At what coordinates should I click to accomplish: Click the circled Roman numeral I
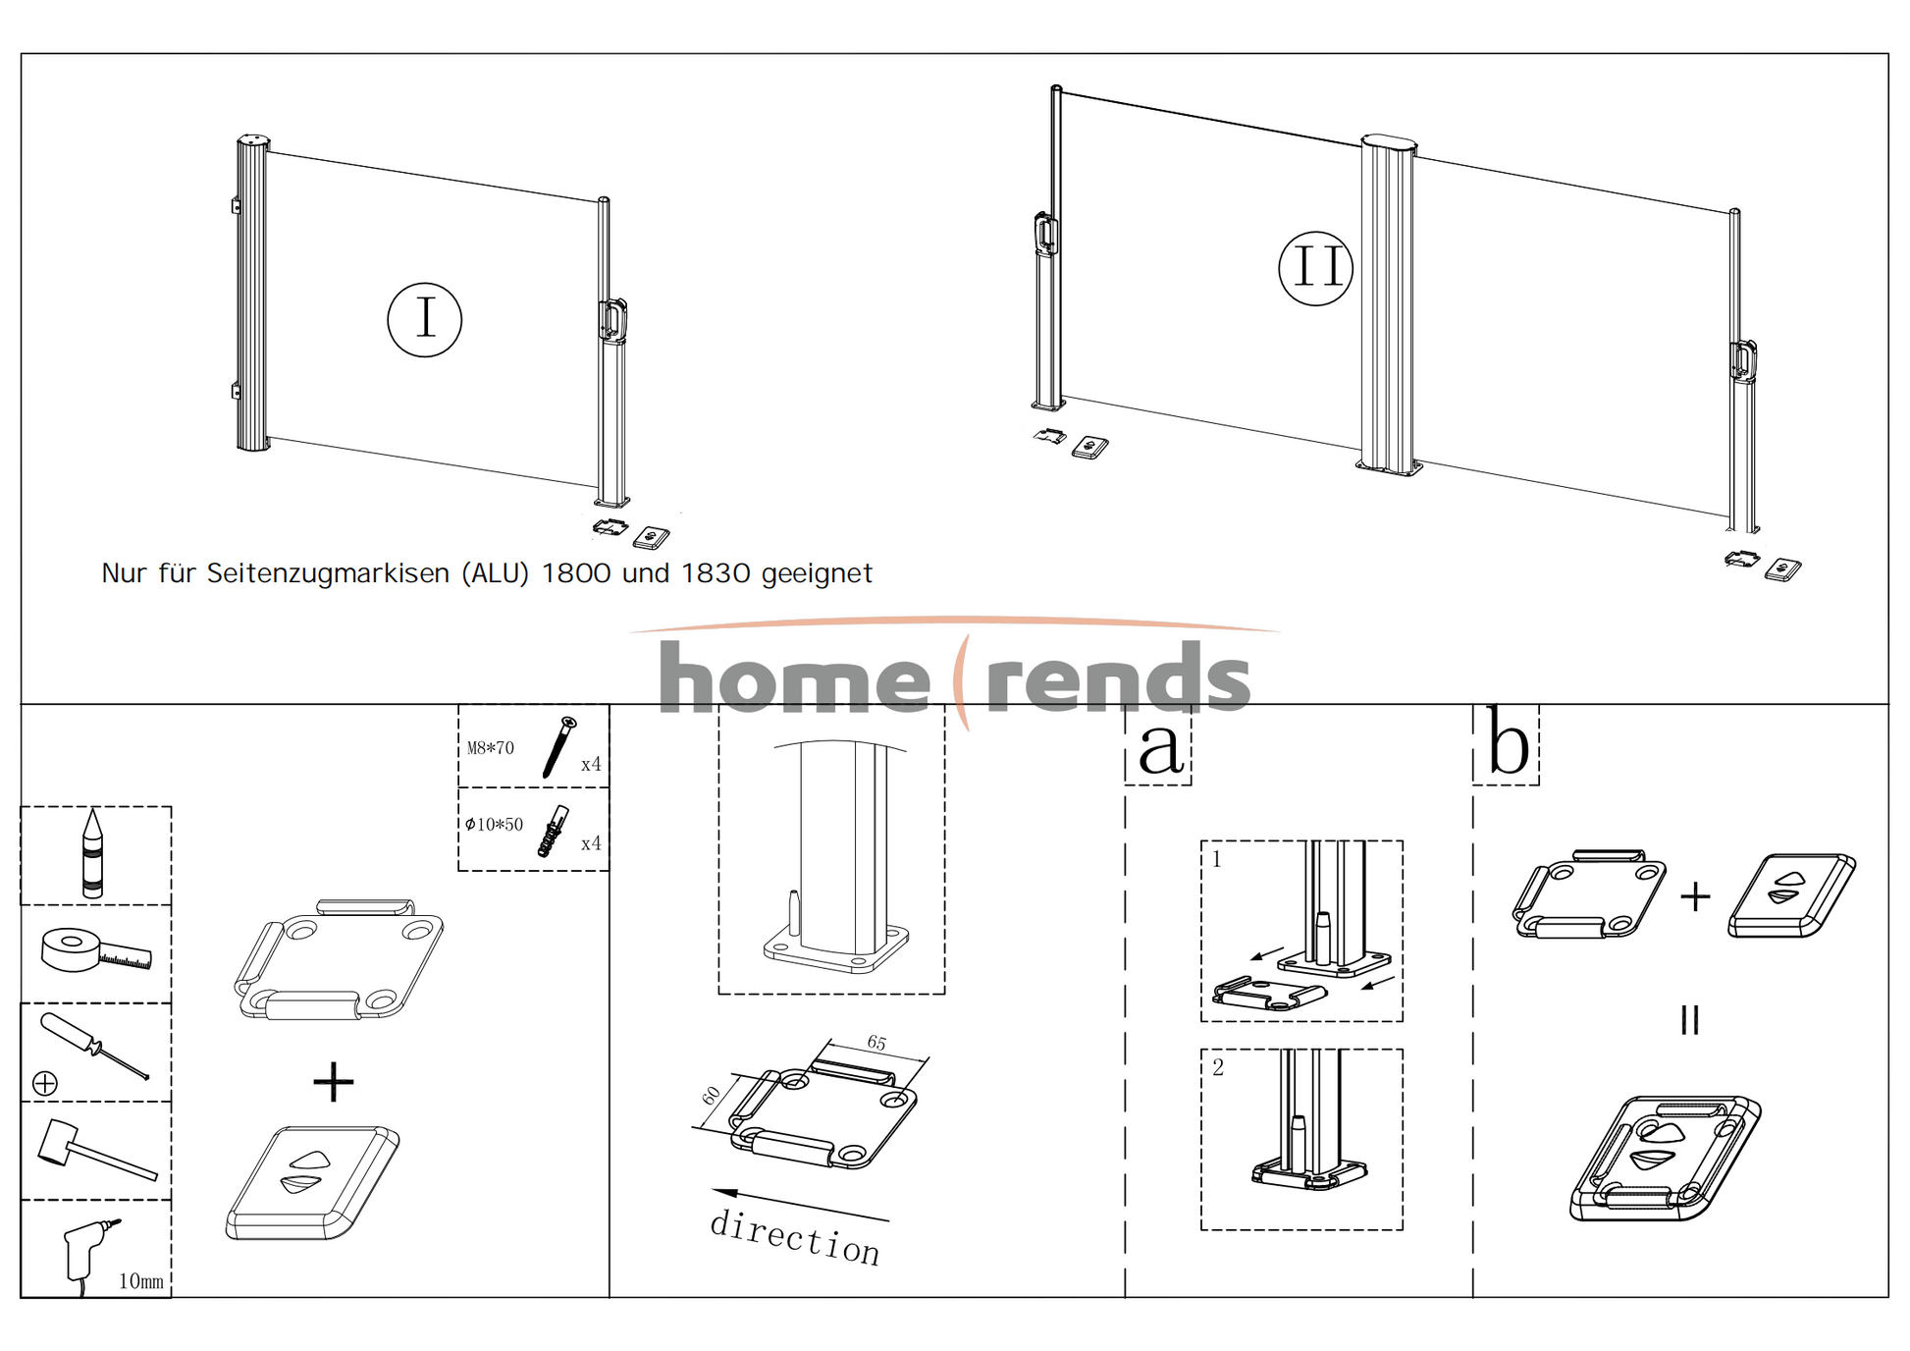click(424, 319)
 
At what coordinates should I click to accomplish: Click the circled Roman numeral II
click(1315, 268)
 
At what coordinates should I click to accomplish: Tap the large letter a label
click(1160, 746)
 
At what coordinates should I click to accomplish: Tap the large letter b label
click(1508, 743)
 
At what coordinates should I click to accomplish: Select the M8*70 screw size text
click(490, 748)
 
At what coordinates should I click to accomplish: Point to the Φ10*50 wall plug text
click(494, 825)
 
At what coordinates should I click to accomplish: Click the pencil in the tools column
click(92, 853)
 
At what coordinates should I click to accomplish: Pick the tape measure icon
click(95, 950)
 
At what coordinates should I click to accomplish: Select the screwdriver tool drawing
click(93, 1047)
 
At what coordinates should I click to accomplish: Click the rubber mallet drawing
click(95, 1149)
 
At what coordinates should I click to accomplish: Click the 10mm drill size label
click(140, 1281)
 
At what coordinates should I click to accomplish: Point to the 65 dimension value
click(876, 1043)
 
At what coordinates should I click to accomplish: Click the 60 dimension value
click(712, 1096)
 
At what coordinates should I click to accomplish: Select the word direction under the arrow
click(794, 1237)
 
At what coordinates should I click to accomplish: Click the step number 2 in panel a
click(1218, 1068)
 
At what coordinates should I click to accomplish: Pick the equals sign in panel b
click(1689, 1020)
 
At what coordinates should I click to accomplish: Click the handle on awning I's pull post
click(612, 320)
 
